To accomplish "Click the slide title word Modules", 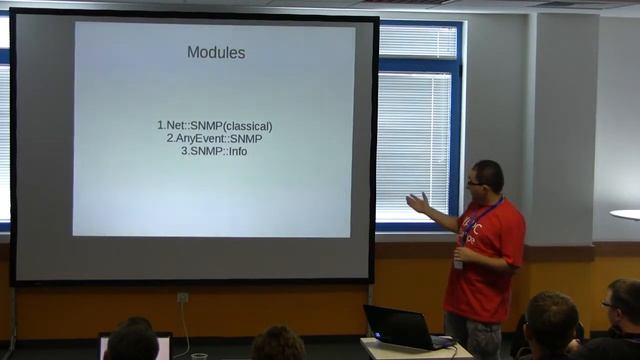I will [x=216, y=52].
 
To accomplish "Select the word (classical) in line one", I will [x=248, y=126].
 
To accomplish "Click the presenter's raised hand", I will [x=416, y=203].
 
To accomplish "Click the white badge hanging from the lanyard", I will [x=458, y=263].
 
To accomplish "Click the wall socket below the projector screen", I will [x=183, y=297].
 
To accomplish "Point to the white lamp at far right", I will [x=626, y=214].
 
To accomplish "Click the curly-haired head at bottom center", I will [x=278, y=344].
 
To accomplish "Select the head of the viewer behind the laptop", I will [x=132, y=340].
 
